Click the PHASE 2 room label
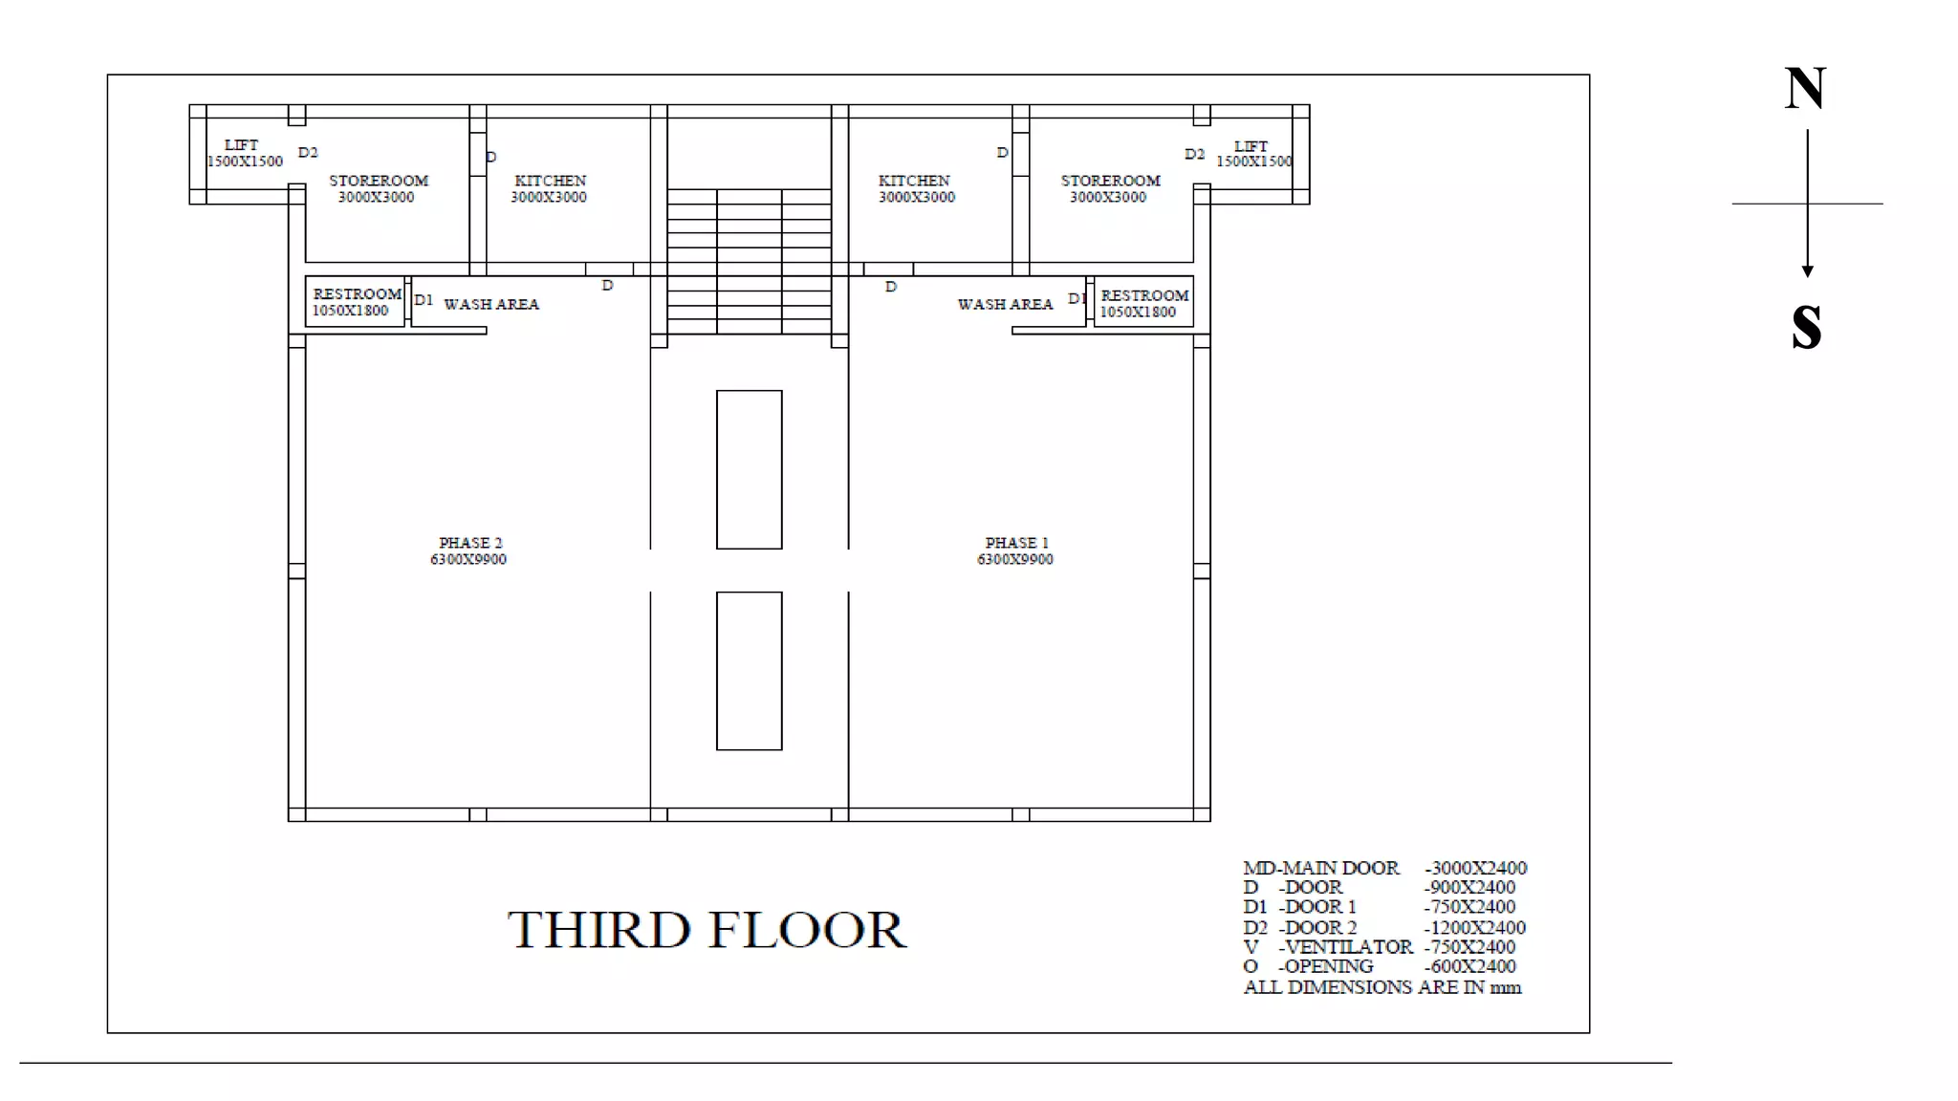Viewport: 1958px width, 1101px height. [469, 543]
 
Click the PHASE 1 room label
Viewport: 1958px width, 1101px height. [1016, 543]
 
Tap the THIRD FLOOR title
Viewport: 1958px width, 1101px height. [707, 930]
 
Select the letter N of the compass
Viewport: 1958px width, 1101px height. [1805, 89]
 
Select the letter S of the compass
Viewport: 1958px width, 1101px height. [1806, 327]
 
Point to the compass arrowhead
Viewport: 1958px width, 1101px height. [1807, 271]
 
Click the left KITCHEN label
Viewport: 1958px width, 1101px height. [550, 181]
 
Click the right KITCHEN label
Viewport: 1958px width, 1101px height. [914, 181]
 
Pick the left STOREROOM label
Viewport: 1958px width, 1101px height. [379, 181]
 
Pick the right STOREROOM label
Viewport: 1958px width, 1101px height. [1110, 181]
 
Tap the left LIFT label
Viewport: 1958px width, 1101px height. [241, 145]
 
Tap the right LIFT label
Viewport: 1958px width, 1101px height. [1251, 146]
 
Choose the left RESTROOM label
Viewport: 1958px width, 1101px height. [357, 294]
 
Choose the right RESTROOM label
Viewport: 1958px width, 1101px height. [1144, 295]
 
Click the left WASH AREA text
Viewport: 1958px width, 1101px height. [491, 304]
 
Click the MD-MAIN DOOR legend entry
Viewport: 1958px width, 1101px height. [1384, 868]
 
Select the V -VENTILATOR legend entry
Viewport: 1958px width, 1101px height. [1379, 947]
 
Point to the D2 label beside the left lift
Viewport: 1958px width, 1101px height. [308, 153]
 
